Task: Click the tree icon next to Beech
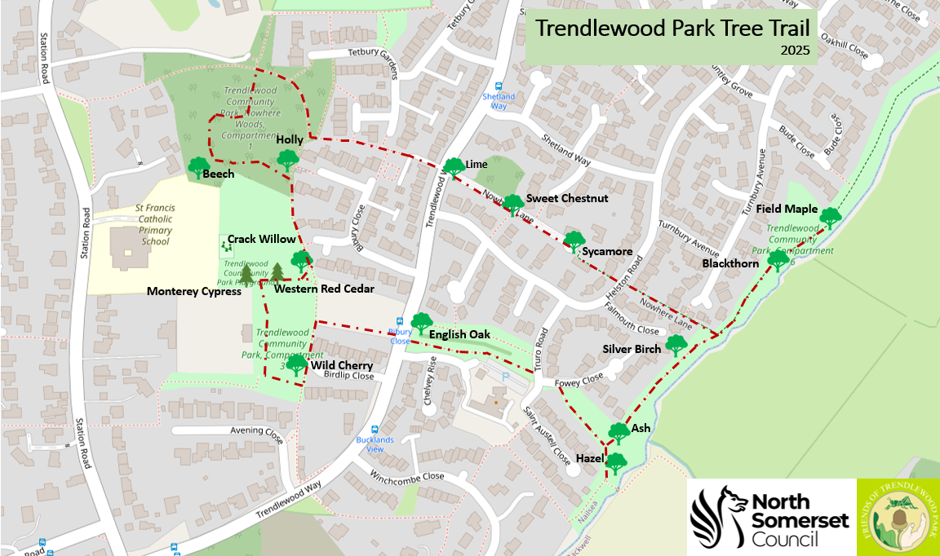pos(199,167)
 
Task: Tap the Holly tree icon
pos(286,159)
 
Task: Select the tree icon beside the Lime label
pos(453,168)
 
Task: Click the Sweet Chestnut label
pos(567,198)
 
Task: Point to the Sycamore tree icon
pos(574,241)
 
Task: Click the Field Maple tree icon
pos(830,218)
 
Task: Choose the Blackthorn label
pos(730,263)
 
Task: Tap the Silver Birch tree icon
pos(676,345)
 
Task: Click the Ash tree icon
pos(619,432)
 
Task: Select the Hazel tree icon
pos(616,463)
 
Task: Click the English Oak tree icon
pos(421,324)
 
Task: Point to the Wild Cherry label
pos(341,366)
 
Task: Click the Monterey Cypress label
pos(193,291)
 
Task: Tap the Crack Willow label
pos(261,239)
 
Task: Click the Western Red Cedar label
pos(324,289)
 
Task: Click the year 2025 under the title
pos(794,51)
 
